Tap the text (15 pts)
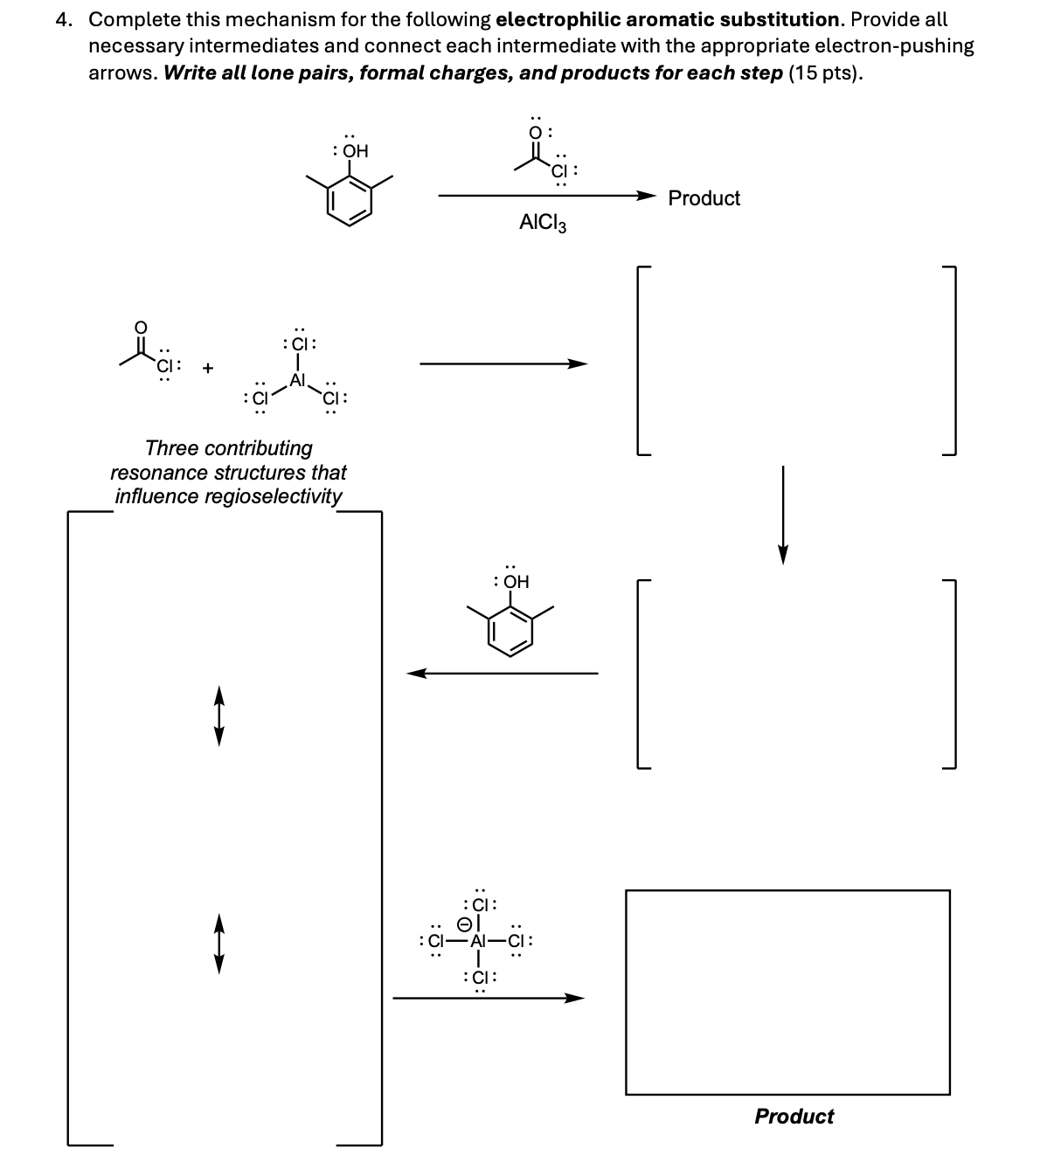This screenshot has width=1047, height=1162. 826,73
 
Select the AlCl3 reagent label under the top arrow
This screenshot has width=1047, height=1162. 543,224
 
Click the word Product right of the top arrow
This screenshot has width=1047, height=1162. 704,198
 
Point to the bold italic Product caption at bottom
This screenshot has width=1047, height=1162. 794,1116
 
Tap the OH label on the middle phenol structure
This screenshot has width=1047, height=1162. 515,581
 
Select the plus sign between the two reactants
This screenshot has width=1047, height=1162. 207,368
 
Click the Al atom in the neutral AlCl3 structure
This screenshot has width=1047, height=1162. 298,380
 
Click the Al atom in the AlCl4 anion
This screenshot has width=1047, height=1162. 478,942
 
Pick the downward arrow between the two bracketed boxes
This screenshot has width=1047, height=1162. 783,515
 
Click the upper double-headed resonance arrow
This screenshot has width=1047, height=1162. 219,716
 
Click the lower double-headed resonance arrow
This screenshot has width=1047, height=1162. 219,944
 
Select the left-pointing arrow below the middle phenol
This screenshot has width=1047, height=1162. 503,673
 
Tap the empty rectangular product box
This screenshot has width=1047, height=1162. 787,992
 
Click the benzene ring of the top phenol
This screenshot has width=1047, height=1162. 350,201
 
